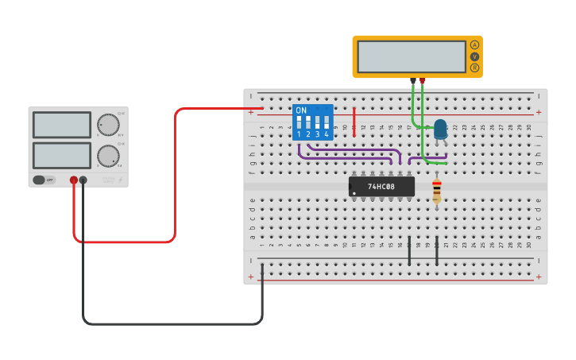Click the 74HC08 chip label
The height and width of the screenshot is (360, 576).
click(x=381, y=187)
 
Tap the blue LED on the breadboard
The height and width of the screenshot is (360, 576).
click(x=440, y=128)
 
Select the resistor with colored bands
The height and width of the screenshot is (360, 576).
click(x=436, y=191)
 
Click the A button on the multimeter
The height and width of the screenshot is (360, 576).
click(x=475, y=45)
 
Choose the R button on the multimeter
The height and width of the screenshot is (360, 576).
click(x=475, y=68)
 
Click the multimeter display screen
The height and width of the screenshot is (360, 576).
click(x=412, y=56)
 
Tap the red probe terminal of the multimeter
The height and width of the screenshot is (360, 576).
click(x=422, y=80)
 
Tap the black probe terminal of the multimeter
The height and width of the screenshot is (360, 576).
click(x=412, y=80)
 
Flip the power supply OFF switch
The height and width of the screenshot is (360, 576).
click(x=44, y=180)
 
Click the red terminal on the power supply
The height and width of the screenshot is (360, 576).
click(x=74, y=180)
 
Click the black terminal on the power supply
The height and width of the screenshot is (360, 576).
click(x=83, y=180)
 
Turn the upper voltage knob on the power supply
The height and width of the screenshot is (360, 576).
click(x=108, y=125)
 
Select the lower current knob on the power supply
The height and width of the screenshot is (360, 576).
click(x=108, y=156)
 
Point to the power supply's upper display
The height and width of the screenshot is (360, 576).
click(x=62, y=125)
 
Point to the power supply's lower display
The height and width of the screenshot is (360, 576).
click(x=62, y=155)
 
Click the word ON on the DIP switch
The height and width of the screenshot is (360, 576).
click(x=301, y=110)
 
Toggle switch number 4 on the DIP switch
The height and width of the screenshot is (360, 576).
click(x=326, y=123)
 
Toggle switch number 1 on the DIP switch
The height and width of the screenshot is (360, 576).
click(x=299, y=123)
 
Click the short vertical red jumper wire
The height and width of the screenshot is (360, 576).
click(x=354, y=121)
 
